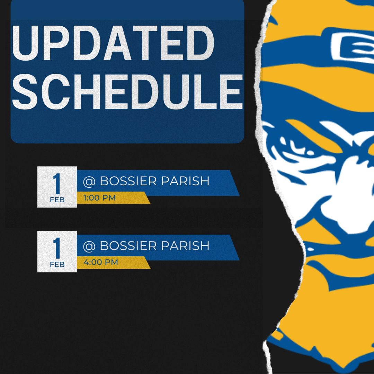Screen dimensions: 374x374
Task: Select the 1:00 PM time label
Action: click(x=99, y=198)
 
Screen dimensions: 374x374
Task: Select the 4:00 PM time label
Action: click(x=101, y=262)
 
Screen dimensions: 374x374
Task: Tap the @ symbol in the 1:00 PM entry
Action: click(x=89, y=181)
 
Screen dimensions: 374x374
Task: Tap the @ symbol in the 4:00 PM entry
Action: click(x=89, y=246)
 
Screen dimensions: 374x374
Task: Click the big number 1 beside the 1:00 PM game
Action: click(x=57, y=183)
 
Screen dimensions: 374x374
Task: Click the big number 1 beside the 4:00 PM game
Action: click(x=57, y=248)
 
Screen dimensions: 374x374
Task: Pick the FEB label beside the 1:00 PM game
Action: click(x=57, y=200)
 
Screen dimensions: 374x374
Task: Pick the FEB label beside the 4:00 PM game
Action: click(x=57, y=265)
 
